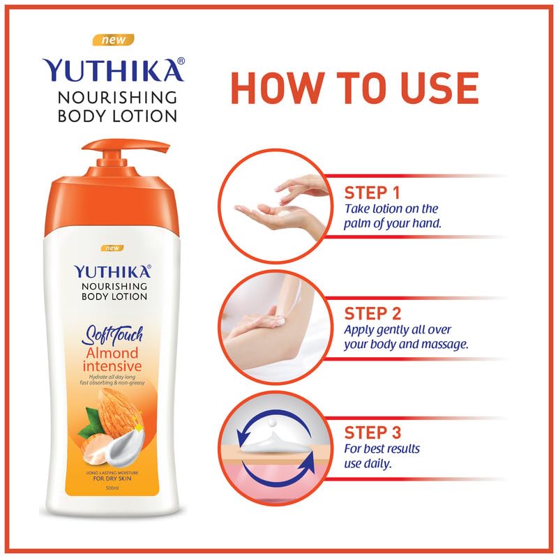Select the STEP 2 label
(x=372, y=312)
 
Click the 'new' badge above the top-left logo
(x=114, y=40)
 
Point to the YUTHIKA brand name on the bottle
(x=112, y=271)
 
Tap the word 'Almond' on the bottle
(x=112, y=352)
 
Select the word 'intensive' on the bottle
(x=112, y=366)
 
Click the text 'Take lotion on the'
(x=390, y=209)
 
